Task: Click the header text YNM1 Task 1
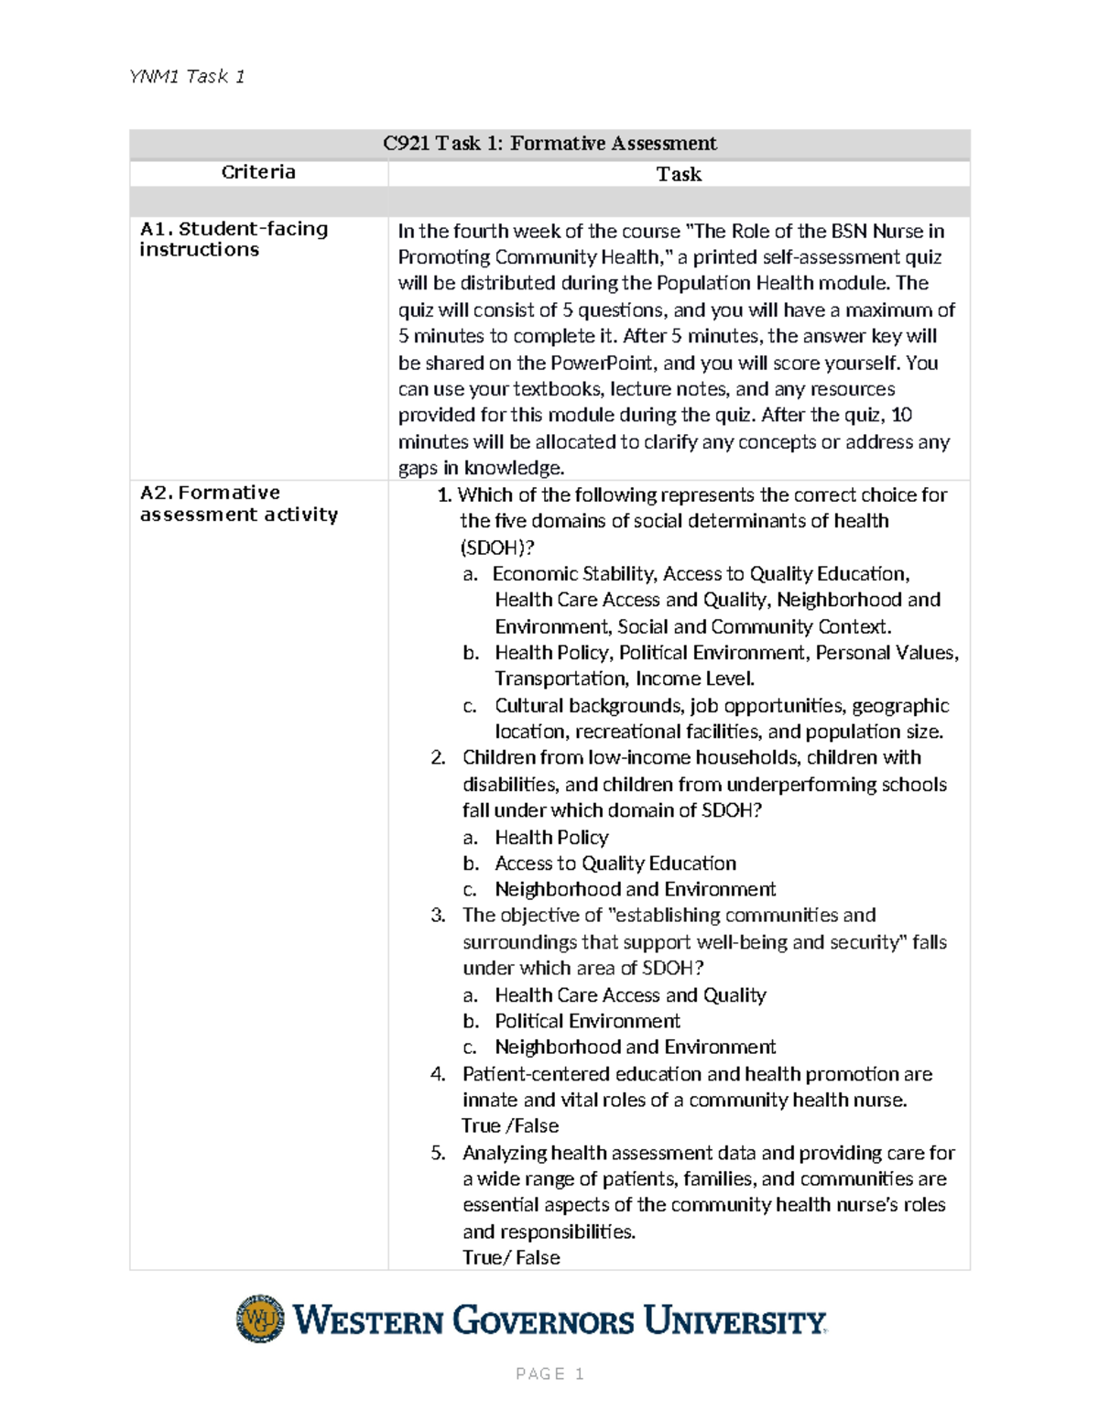click(187, 77)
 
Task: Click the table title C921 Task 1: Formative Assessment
click(549, 144)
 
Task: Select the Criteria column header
click(258, 172)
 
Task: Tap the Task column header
click(679, 174)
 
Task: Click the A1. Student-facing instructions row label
click(234, 239)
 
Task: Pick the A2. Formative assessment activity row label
click(238, 504)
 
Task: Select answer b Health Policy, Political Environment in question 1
click(726, 653)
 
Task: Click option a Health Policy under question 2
click(551, 837)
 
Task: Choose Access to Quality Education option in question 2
click(615, 863)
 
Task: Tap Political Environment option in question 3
click(587, 1021)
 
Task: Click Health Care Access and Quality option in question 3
click(630, 995)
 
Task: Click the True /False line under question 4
click(510, 1126)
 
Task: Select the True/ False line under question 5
click(511, 1258)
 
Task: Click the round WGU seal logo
click(261, 1319)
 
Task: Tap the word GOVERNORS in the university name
click(543, 1321)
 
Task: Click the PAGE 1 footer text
click(549, 1373)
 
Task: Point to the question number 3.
click(438, 916)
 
